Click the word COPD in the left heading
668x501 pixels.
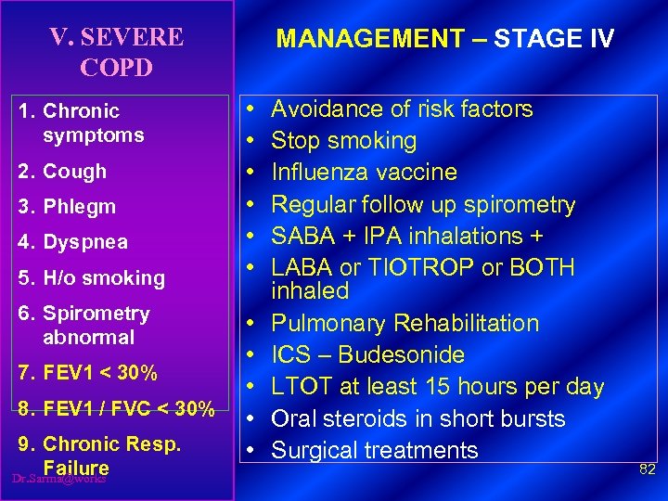[117, 68]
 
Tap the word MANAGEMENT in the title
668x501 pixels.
[370, 39]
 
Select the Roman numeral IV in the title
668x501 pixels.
[592, 39]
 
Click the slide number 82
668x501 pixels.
[648, 470]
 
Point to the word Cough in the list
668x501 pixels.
[75, 171]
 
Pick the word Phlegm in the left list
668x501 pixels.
[79, 207]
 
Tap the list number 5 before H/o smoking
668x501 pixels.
[25, 277]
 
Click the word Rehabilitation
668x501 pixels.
[467, 324]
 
